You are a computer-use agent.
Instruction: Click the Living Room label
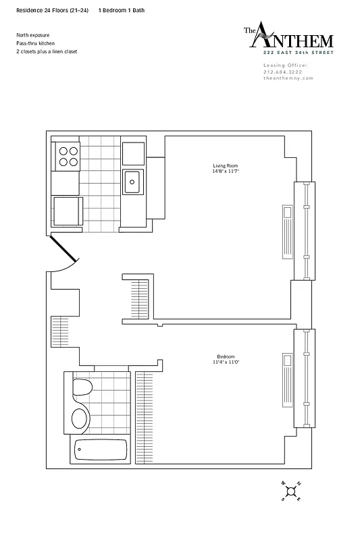pyautogui.click(x=225, y=165)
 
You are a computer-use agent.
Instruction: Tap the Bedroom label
pyautogui.click(x=225, y=356)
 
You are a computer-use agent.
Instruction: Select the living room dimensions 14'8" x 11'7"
pyautogui.click(x=225, y=171)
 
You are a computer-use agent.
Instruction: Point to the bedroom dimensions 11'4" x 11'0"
pyautogui.click(x=225, y=362)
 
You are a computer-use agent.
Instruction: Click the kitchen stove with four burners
pyautogui.click(x=67, y=157)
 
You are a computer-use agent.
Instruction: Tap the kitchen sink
pyautogui.click(x=132, y=181)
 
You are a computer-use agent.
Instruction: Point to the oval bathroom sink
pyautogui.click(x=79, y=417)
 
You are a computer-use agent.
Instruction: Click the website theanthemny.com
pyautogui.click(x=288, y=78)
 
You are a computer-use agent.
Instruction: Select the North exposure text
pyautogui.click(x=33, y=34)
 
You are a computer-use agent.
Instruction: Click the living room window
pyautogui.click(x=305, y=231)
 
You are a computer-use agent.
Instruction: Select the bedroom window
pyautogui.click(x=305, y=378)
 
